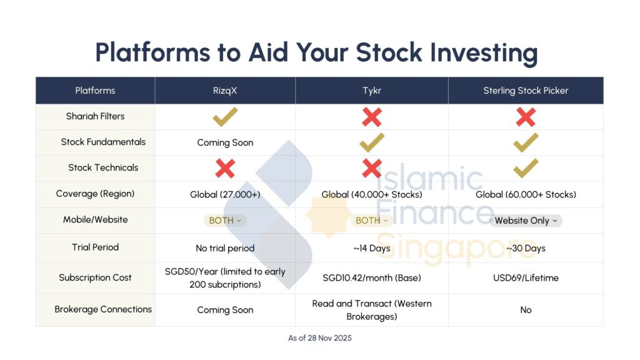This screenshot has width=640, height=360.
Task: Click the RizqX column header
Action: pyautogui.click(x=225, y=91)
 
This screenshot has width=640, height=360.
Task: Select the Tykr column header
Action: pyautogui.click(x=372, y=91)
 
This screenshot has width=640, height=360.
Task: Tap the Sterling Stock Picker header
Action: pyautogui.click(x=526, y=91)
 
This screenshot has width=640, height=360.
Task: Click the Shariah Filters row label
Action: pyautogui.click(x=95, y=116)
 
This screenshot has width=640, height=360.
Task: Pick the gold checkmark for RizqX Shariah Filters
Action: pyautogui.click(x=225, y=116)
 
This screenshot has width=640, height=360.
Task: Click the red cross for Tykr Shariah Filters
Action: pyautogui.click(x=372, y=116)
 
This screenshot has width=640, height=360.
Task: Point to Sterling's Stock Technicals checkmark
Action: pyautogui.click(x=526, y=168)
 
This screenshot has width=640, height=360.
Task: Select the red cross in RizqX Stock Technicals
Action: pyautogui.click(x=225, y=168)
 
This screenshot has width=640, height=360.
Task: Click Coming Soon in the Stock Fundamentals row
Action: pyautogui.click(x=225, y=142)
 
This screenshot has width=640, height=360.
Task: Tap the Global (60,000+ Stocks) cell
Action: pyautogui.click(x=526, y=194)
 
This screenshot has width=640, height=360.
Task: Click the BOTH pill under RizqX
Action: pyautogui.click(x=225, y=221)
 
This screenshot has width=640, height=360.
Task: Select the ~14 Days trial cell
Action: pyautogui.click(x=372, y=248)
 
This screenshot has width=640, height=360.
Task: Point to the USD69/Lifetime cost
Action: pyautogui.click(x=526, y=277)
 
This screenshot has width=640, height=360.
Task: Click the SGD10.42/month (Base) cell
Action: pyautogui.click(x=372, y=277)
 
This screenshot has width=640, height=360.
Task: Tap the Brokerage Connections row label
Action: pyautogui.click(x=103, y=309)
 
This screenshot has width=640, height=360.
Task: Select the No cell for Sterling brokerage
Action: pyautogui.click(x=526, y=310)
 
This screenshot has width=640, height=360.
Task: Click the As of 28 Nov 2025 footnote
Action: pyautogui.click(x=320, y=338)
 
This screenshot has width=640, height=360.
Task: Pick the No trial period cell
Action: pyautogui.click(x=225, y=248)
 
